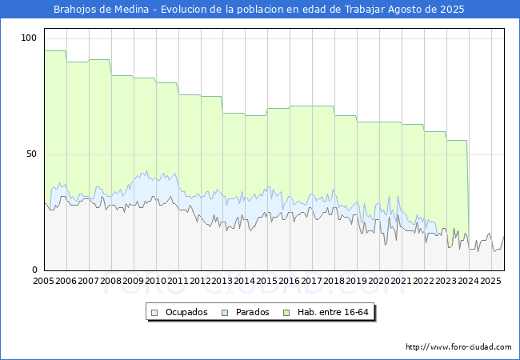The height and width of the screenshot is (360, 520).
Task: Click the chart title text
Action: [258, 10]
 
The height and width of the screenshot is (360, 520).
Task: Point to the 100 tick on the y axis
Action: [29, 38]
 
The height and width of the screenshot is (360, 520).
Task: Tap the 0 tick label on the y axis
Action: [34, 270]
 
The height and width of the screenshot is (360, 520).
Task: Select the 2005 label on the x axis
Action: [44, 282]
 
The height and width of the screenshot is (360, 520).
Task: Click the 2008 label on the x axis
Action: [111, 282]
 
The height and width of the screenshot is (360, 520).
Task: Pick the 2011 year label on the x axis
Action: [178, 282]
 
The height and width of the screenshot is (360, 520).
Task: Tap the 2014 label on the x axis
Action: [245, 282]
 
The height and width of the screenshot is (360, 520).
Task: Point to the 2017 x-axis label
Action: [312, 282]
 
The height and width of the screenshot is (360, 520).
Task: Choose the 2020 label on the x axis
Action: [379, 282]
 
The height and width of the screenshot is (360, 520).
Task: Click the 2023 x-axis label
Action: [446, 282]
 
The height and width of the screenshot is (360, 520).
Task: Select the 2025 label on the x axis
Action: [490, 282]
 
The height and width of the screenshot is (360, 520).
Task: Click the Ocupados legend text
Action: [186, 312]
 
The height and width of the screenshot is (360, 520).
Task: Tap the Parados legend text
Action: [253, 312]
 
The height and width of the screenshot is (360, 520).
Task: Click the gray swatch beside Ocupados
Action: [155, 312]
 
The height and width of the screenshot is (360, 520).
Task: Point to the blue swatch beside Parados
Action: [226, 312]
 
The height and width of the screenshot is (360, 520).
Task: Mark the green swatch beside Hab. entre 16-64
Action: [290, 312]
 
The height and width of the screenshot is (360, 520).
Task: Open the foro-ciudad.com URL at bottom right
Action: [459, 347]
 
